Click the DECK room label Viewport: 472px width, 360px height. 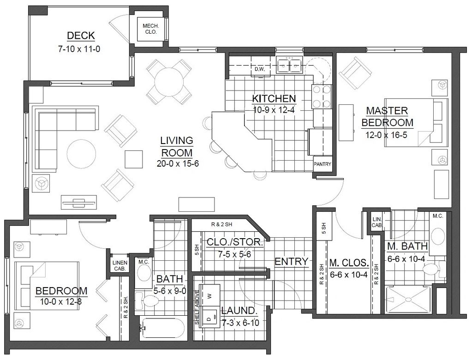click(x=81, y=36)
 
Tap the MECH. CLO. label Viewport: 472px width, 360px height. click(x=150, y=29)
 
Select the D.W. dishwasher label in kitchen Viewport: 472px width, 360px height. click(x=259, y=69)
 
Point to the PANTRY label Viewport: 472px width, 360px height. click(x=323, y=164)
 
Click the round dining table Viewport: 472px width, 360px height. click(x=169, y=82)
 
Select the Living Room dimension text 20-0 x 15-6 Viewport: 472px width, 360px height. click(x=178, y=163)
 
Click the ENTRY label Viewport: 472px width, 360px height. click(x=292, y=262)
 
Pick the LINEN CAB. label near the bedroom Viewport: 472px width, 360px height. click(x=120, y=266)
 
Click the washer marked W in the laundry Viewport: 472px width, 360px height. click(x=210, y=295)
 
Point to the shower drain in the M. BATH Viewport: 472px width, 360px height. click(x=408, y=300)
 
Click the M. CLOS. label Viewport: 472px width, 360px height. click(x=349, y=263)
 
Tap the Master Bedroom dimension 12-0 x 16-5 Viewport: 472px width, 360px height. click(x=386, y=135)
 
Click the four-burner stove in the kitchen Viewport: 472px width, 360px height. click(x=322, y=96)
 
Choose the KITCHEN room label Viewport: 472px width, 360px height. click(x=274, y=98)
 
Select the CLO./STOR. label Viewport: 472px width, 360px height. click(x=235, y=242)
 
